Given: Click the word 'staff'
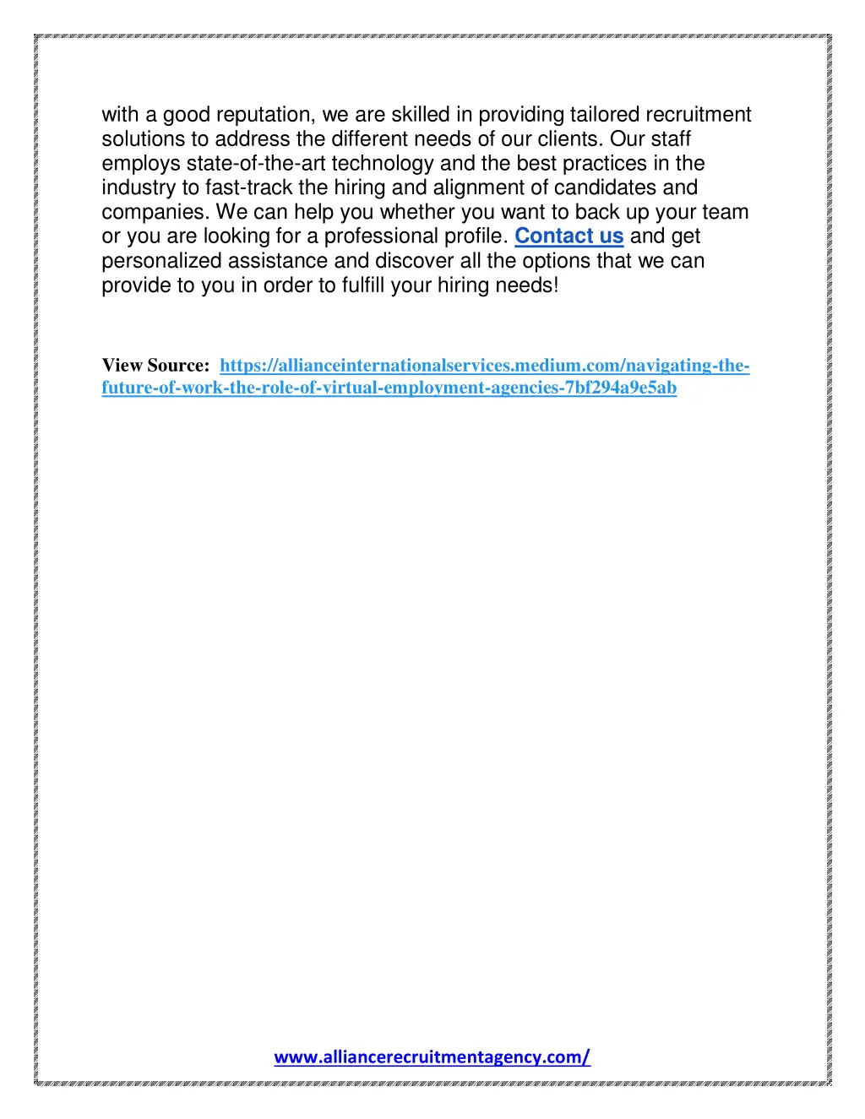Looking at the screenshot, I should (672, 139).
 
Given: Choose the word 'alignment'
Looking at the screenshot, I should (479, 187).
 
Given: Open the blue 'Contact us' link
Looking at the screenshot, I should (569, 236).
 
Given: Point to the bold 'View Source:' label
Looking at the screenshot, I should (156, 366).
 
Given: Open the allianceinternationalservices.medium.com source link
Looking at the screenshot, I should (484, 366).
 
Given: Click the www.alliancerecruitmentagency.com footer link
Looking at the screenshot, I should (432, 1057).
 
